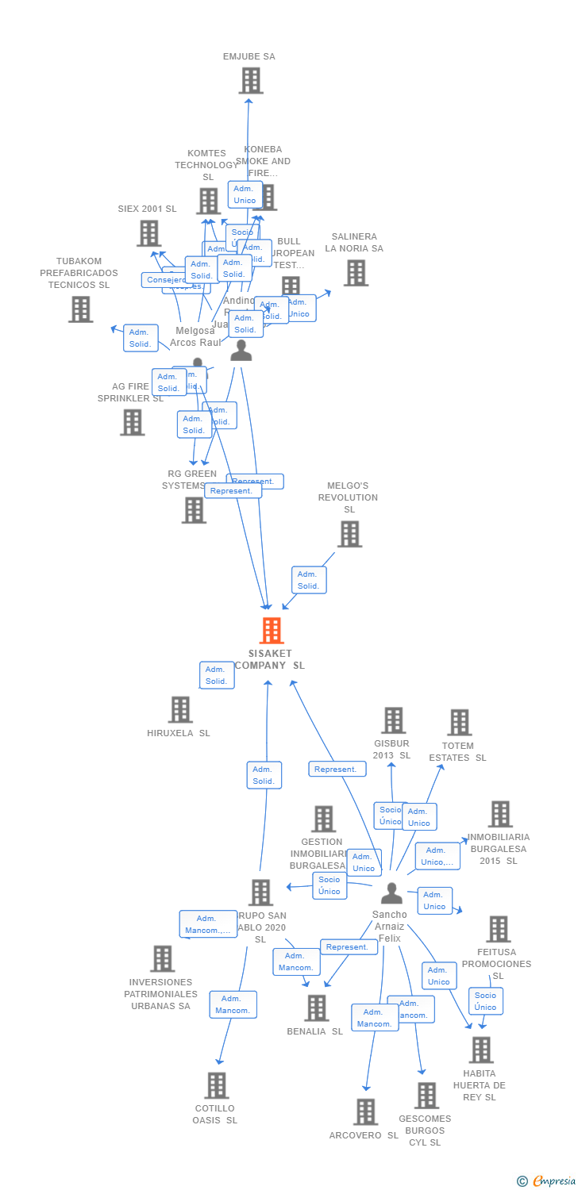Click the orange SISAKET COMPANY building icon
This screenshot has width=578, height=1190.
pyautogui.click(x=272, y=631)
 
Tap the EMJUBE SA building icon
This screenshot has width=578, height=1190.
pyautogui.click(x=251, y=81)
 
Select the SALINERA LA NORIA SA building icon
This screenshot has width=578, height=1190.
pyautogui.click(x=356, y=273)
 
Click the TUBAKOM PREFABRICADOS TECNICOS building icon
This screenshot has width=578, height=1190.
pyautogui.click(x=80, y=309)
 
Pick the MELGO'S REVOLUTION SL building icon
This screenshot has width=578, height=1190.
pyautogui.click(x=349, y=534)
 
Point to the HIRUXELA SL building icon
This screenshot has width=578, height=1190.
pyautogui.click(x=180, y=709)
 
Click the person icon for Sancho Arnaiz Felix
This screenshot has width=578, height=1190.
pyautogui.click(x=391, y=893)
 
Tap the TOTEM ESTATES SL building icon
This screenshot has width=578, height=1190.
pyautogui.click(x=459, y=722)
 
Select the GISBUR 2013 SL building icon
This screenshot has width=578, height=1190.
pyautogui.click(x=393, y=720)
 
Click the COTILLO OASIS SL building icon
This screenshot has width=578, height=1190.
pyautogui.click(x=216, y=1085)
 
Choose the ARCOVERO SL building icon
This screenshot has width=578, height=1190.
pyautogui.click(x=365, y=1112)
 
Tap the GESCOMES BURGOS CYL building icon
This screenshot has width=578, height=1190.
pyautogui.click(x=426, y=1096)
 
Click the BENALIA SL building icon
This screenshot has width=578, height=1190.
pyautogui.click(x=316, y=1008)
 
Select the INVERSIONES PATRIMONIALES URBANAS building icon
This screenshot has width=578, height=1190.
pyautogui.click(x=162, y=958)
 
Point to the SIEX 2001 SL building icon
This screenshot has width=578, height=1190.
pyautogui.click(x=149, y=233)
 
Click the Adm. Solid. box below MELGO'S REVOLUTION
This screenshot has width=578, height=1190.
pyautogui.click(x=309, y=580)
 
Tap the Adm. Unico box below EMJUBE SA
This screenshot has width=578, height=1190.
pyautogui.click(x=245, y=194)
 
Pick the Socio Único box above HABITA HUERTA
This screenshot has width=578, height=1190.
pyautogui.click(x=485, y=1001)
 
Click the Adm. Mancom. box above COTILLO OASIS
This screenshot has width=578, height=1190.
pyautogui.click(x=233, y=1004)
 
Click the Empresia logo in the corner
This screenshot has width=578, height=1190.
pyautogui.click(x=547, y=1181)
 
